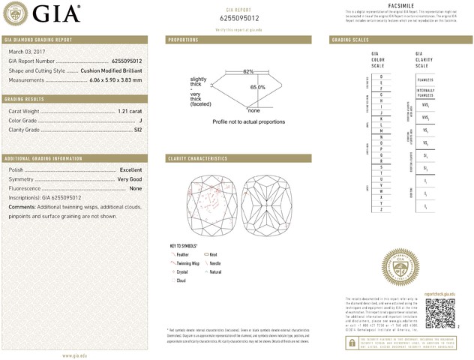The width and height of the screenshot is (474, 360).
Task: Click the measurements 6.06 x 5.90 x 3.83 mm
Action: point(115,79)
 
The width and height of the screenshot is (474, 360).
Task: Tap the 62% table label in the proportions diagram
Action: point(247,71)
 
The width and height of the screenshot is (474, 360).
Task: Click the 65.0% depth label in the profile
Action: point(258,88)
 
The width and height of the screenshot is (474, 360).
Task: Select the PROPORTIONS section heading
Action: point(183,39)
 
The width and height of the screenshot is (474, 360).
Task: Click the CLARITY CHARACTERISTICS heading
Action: point(198,159)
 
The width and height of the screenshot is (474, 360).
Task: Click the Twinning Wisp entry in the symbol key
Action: point(187,264)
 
